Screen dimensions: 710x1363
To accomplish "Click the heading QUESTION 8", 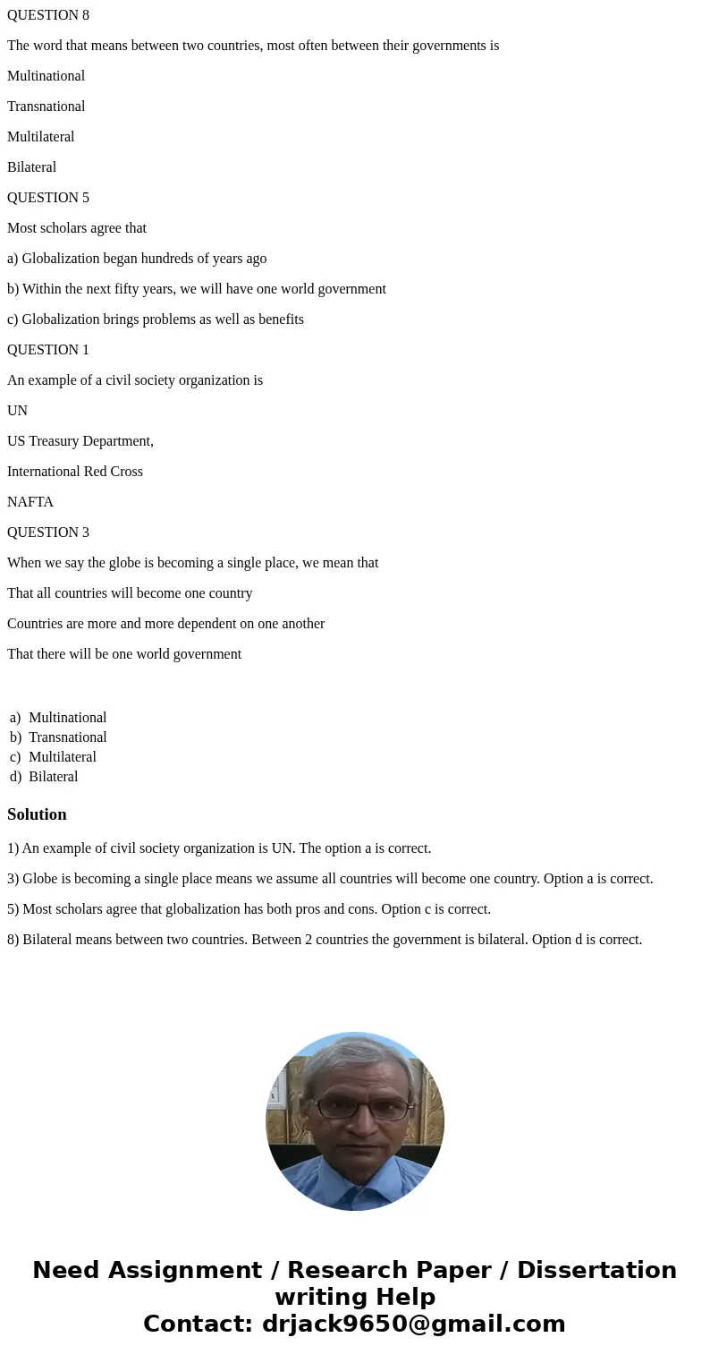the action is tap(48, 15).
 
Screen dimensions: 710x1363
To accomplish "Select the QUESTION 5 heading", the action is tap(48, 198).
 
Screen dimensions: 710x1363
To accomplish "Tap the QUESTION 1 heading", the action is tap(48, 350).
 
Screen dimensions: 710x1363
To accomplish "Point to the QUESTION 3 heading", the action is tap(48, 532).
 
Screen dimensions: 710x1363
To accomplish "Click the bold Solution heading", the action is tap(37, 814).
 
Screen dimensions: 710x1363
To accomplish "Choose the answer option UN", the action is tap(18, 411).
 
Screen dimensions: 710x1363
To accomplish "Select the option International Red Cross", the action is tap(75, 472).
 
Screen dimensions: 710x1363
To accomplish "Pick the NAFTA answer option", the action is tap(30, 502).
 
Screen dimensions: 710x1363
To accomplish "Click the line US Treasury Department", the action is tap(80, 441).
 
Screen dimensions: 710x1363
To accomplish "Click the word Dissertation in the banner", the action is tap(596, 1270).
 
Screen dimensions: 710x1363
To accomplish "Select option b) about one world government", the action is tap(197, 289).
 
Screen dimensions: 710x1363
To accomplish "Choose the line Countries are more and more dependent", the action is tap(165, 624).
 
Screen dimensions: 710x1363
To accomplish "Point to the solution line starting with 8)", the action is tap(325, 940).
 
